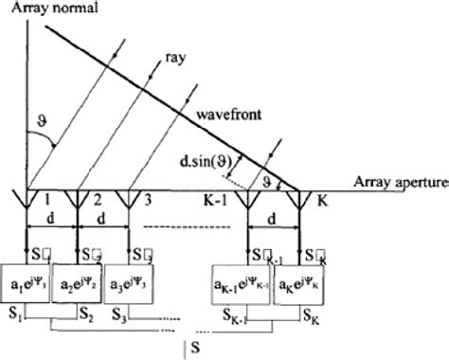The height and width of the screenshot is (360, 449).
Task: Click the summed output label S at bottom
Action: point(193,349)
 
